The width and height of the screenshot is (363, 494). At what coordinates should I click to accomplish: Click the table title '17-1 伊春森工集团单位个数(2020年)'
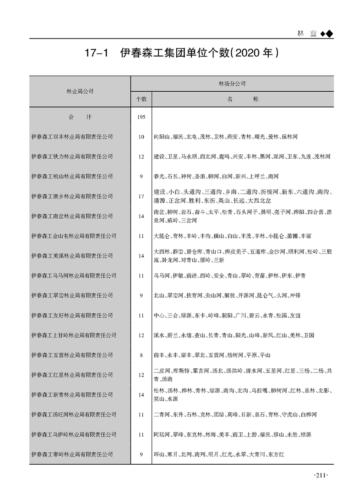coord(181,54)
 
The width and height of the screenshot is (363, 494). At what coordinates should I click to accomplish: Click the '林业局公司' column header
coord(80,91)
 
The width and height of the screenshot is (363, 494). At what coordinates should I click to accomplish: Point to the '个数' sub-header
coord(141,99)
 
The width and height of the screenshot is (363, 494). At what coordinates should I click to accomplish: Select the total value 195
coord(141,117)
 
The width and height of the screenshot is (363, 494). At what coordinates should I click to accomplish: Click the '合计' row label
coord(80,117)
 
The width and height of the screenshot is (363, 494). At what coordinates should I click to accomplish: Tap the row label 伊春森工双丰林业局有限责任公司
coord(72,137)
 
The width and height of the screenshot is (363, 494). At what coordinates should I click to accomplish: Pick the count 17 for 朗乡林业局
coord(141,196)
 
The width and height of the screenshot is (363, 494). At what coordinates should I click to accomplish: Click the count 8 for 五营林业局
coord(141,355)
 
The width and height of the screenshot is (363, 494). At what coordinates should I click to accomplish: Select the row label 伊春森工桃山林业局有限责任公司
coord(72,176)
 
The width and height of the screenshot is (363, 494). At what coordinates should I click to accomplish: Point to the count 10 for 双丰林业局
coord(141,137)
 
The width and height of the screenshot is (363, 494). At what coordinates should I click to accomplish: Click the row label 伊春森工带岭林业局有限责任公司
coord(72,454)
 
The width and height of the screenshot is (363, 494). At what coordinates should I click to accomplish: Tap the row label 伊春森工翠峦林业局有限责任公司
coord(72,295)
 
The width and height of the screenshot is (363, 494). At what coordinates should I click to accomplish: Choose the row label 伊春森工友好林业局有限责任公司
coord(72,315)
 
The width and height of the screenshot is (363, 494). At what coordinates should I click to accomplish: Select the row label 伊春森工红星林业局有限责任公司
coord(72,375)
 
